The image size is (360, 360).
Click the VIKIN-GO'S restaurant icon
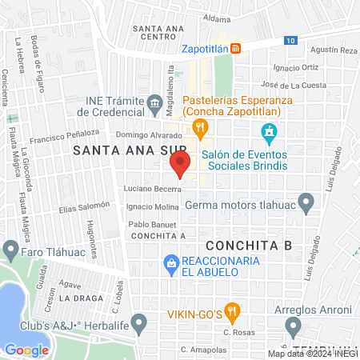point(232,310)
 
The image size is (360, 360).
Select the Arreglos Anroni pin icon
point(294,326)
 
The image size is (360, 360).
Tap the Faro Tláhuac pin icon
point(11,250)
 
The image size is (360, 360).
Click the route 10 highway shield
point(289,40)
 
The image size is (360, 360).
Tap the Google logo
point(26,350)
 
